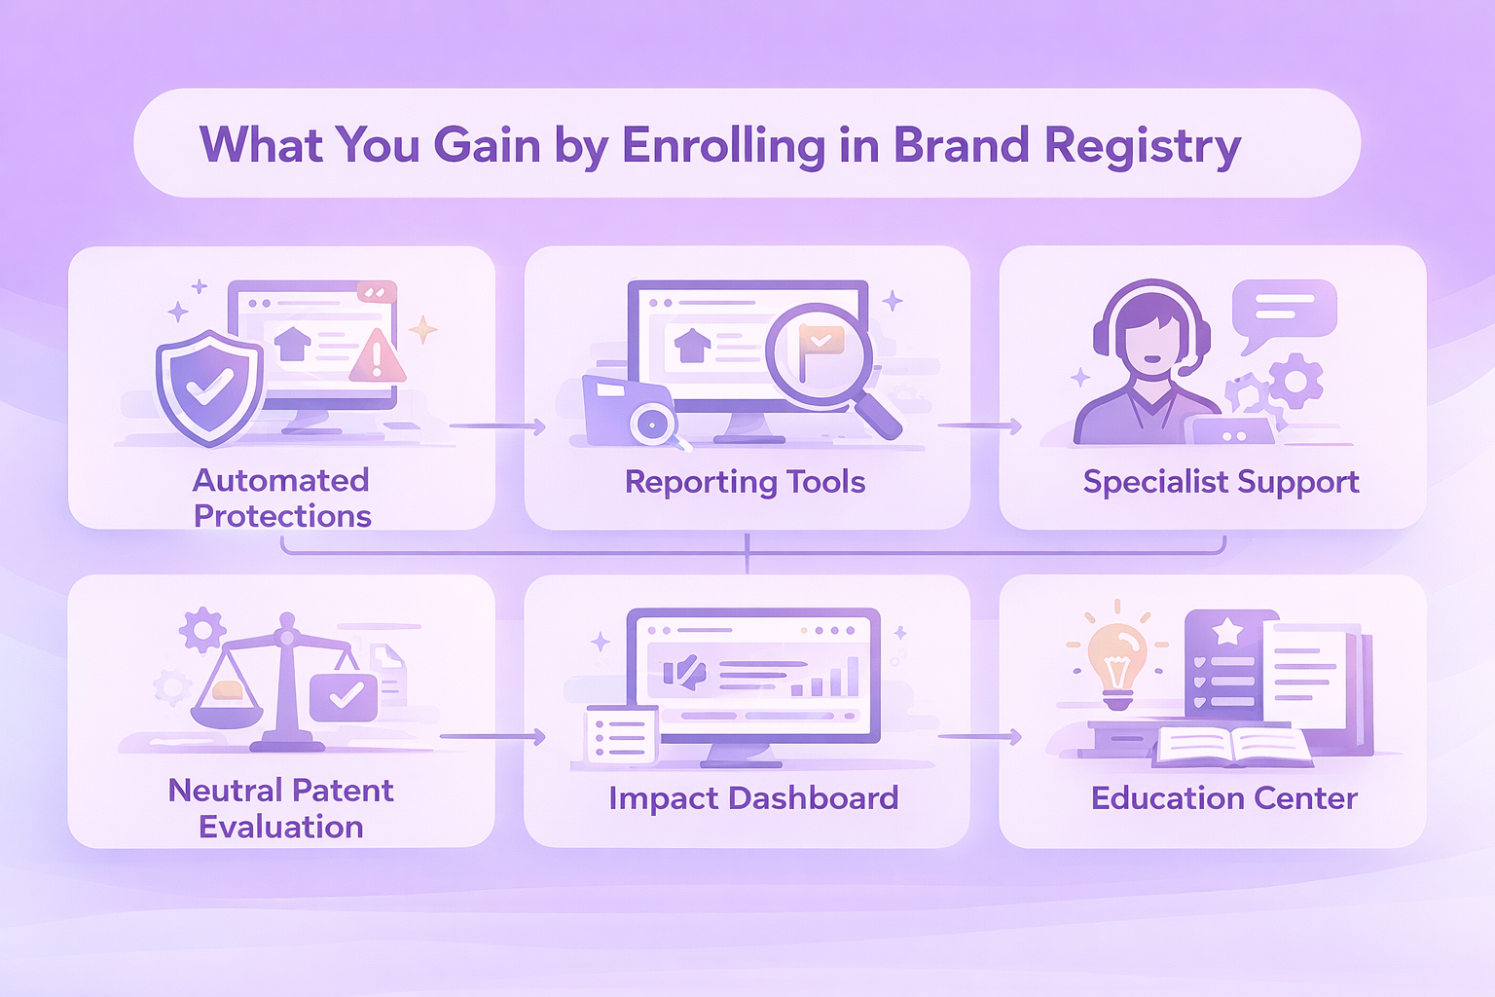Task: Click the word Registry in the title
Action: pyautogui.click(x=1143, y=146)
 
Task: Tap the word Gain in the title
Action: pyautogui.click(x=487, y=144)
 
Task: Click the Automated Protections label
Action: pyautogui.click(x=281, y=498)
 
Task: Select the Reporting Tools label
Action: pyautogui.click(x=745, y=482)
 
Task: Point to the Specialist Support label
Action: pyautogui.click(x=1221, y=482)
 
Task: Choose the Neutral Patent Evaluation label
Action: pyautogui.click(x=281, y=808)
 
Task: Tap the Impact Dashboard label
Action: pyautogui.click(x=753, y=798)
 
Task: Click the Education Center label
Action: pyautogui.click(x=1224, y=798)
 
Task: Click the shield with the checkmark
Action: pyautogui.click(x=209, y=388)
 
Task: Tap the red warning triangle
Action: pyautogui.click(x=377, y=356)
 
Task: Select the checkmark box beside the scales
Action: pyautogui.click(x=344, y=697)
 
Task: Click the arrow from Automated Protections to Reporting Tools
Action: pyautogui.click(x=498, y=426)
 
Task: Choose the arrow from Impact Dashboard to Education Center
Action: pyautogui.click(x=980, y=737)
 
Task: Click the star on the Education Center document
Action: pyautogui.click(x=1226, y=630)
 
